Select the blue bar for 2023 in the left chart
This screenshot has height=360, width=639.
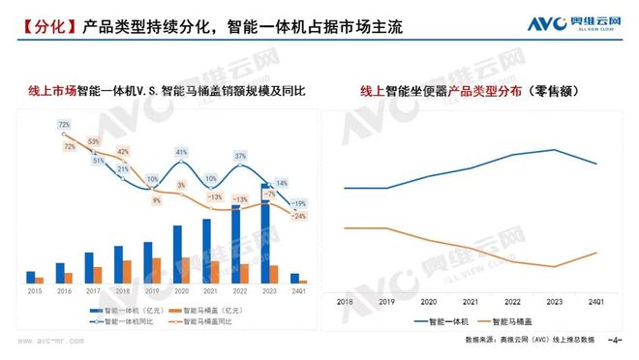[263, 233]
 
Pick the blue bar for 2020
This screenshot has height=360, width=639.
[176, 254]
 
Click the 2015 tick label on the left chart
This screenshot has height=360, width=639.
[34, 290]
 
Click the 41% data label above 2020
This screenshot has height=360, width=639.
[181, 153]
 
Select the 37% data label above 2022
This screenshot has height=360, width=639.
[240, 156]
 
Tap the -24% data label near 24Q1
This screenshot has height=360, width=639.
[300, 216]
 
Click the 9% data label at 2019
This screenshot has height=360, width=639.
[157, 201]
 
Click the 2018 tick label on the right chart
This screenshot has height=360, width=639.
[346, 301]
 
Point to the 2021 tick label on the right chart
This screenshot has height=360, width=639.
[471, 301]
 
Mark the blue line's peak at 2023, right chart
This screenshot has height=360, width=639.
[554, 150]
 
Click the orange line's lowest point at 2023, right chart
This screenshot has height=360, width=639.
[554, 266]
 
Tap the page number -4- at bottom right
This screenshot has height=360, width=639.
[613, 341]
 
